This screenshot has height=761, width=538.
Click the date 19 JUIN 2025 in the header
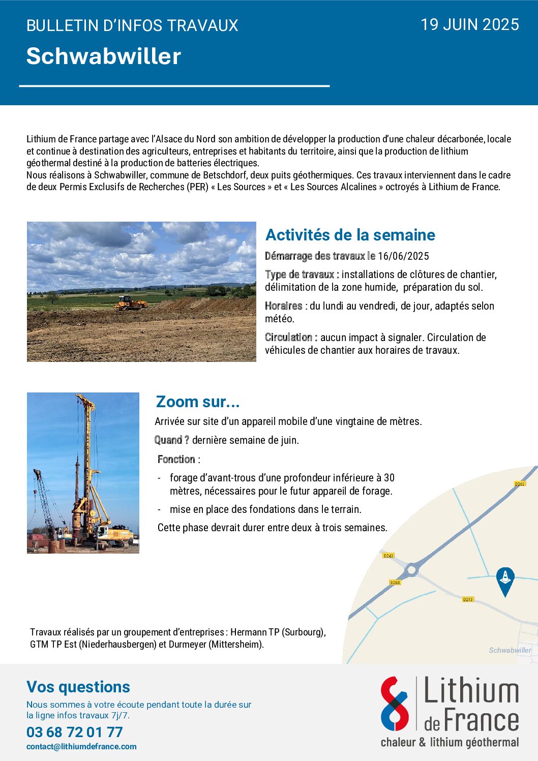(470, 24)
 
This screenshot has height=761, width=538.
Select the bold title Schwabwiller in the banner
(104, 56)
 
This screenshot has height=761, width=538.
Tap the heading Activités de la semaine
(350, 235)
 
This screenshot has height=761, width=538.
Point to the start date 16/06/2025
(403, 256)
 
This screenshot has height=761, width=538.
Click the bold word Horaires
(283, 306)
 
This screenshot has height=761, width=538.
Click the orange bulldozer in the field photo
(130, 303)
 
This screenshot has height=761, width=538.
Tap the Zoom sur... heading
(198, 402)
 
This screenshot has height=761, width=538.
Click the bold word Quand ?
(172, 440)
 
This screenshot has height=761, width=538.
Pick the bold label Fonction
(176, 460)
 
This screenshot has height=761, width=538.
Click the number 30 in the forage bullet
(389, 478)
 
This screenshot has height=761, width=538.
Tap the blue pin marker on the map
(505, 580)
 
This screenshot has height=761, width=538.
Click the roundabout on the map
(412, 570)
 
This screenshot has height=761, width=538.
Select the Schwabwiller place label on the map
(510, 650)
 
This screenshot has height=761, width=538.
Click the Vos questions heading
(78, 687)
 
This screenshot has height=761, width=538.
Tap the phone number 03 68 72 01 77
(75, 732)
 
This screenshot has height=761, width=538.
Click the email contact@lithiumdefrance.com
(81, 747)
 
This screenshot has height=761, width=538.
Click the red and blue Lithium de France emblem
(395, 704)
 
